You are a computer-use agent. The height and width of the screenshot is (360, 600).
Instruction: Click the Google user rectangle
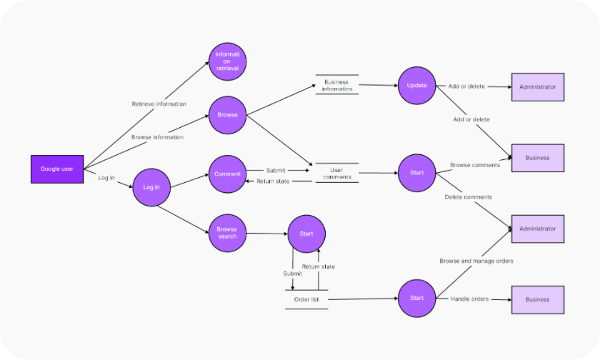pos(56,169)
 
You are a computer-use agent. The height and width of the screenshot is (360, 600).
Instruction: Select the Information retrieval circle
pos(228,61)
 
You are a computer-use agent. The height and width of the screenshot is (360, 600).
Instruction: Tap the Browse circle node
pos(227,114)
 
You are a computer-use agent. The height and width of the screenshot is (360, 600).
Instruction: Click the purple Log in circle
pos(151,187)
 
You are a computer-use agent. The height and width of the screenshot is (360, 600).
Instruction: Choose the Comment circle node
pos(227,174)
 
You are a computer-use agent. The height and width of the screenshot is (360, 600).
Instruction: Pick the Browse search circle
pos(227,232)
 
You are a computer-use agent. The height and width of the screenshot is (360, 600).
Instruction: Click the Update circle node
pos(416,86)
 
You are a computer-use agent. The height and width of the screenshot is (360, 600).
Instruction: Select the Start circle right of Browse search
pos(306,234)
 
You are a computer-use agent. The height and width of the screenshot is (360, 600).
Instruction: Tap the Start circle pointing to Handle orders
pos(416,298)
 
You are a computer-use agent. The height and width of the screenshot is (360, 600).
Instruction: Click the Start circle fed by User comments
pos(416,173)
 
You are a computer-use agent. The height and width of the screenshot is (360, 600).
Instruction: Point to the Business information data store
pos(336,86)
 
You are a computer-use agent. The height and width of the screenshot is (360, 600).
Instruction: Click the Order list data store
pos(306,299)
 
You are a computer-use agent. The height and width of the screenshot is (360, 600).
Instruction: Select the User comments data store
pos(336,173)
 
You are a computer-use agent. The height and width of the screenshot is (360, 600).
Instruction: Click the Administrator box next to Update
pos(537,86)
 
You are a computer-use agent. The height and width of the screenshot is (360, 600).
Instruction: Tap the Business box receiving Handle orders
pos(537,300)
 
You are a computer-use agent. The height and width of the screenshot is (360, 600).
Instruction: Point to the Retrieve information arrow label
pos(159,104)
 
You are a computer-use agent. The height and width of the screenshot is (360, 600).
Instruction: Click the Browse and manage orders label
pos(476,261)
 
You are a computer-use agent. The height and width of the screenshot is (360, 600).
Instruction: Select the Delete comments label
pos(468,197)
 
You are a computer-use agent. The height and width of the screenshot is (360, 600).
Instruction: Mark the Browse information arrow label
pos(157,137)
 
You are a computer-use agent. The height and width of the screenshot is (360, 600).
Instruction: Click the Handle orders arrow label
pos(469,299)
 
